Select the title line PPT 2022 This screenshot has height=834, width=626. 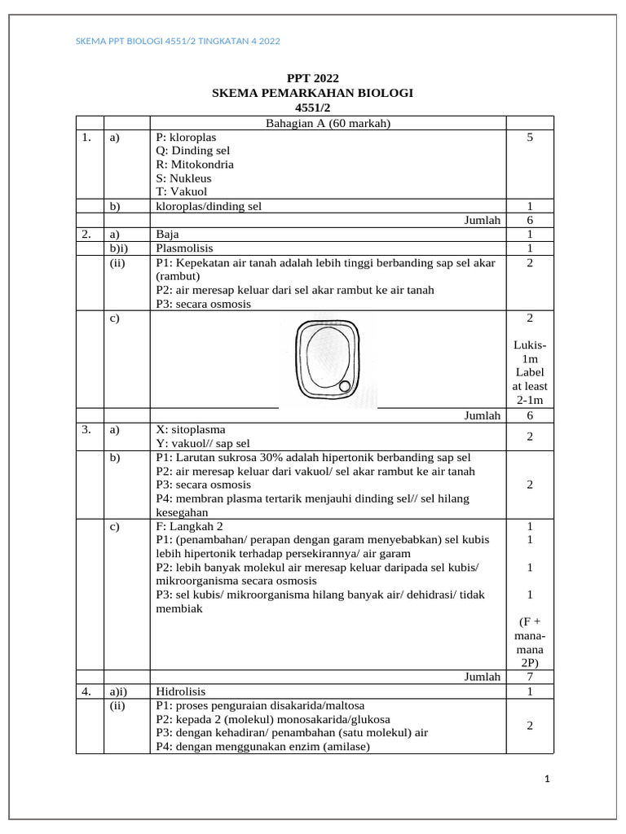click(x=312, y=79)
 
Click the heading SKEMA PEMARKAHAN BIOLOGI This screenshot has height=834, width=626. click(x=312, y=93)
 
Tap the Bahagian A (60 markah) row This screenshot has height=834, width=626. click(x=328, y=123)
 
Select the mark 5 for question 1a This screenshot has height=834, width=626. click(x=530, y=138)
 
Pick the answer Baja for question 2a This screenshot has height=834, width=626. click(x=167, y=234)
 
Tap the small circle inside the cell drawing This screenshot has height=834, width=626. click(x=345, y=386)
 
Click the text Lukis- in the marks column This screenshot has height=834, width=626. click(x=530, y=345)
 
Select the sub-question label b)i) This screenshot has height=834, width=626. click(x=119, y=248)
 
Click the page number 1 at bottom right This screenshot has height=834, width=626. click(x=548, y=780)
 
